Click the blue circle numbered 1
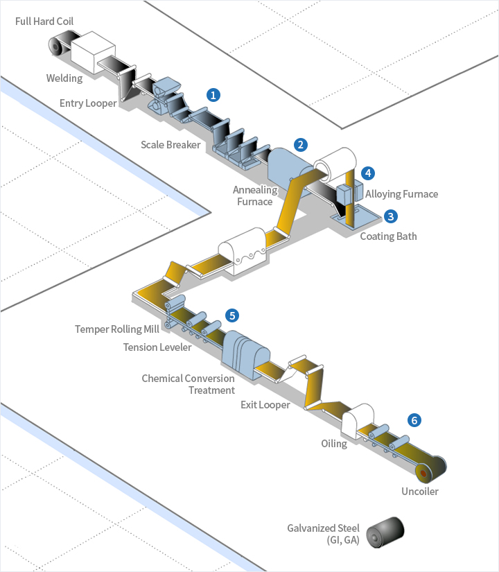click(213, 94)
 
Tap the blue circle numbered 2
click(300, 144)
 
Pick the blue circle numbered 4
click(368, 173)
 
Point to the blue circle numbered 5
click(232, 315)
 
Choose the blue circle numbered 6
click(414, 420)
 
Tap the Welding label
click(64, 78)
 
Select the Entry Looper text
click(88, 103)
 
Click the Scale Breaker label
click(170, 145)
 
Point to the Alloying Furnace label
click(402, 194)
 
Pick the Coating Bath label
click(389, 236)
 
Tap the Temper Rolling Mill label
click(118, 329)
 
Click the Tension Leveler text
click(157, 347)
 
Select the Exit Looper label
click(265, 405)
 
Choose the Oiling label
click(334, 443)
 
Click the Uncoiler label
click(420, 492)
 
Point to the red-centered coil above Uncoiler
click(421, 474)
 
